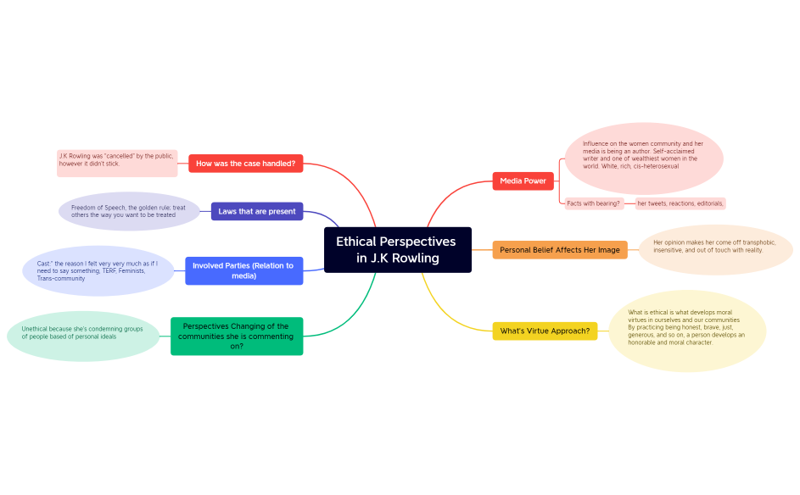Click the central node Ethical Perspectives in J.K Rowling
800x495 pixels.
(x=397, y=249)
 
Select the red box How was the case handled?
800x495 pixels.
(x=245, y=164)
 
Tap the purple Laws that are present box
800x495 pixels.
(x=256, y=211)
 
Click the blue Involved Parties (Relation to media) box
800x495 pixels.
(x=243, y=270)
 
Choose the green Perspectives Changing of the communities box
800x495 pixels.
(x=236, y=336)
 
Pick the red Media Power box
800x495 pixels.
(x=523, y=181)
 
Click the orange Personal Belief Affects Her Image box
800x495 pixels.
(x=559, y=250)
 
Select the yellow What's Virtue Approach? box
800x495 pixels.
(x=545, y=331)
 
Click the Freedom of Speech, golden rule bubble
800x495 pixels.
(x=128, y=211)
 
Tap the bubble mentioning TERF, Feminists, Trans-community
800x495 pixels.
(x=98, y=271)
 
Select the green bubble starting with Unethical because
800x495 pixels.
(x=82, y=336)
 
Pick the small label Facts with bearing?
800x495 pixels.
(x=594, y=203)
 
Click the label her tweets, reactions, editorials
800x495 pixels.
(x=680, y=203)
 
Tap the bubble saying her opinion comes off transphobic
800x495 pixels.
(x=714, y=250)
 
